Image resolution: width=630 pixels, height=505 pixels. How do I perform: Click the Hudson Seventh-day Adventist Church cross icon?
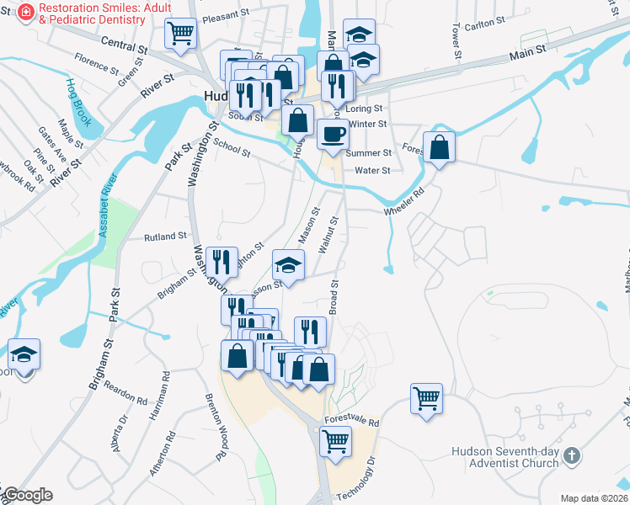click(572, 456)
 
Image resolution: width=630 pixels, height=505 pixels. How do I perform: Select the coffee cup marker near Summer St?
click(332, 133)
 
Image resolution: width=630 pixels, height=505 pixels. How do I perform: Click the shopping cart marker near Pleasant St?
click(180, 33)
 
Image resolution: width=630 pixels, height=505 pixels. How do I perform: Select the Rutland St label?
click(165, 237)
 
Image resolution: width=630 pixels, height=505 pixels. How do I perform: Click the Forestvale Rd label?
click(351, 423)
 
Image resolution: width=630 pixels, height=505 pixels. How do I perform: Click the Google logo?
click(27, 495)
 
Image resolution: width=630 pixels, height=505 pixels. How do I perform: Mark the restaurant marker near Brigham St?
click(221, 259)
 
